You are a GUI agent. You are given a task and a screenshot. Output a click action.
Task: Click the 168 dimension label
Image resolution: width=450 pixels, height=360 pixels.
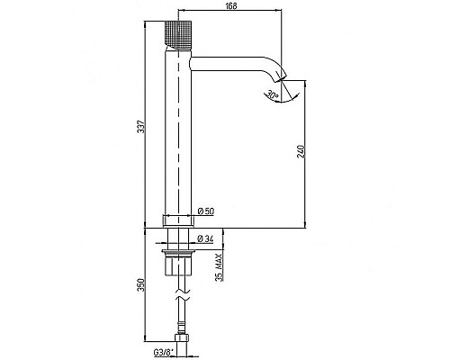point(231,6)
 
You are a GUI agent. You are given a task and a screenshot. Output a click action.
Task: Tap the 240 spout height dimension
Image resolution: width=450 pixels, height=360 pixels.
point(301,151)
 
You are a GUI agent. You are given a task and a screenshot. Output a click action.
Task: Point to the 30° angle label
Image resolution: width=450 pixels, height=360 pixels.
point(273,95)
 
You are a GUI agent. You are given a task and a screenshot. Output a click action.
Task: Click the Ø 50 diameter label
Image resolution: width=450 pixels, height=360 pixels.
point(206,211)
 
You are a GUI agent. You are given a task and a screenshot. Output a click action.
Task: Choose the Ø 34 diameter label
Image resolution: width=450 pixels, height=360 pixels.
point(206,238)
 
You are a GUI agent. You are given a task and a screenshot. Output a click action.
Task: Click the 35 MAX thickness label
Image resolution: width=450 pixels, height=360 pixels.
point(220,267)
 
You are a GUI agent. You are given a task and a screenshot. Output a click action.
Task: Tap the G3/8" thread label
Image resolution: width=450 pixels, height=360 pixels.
point(164,353)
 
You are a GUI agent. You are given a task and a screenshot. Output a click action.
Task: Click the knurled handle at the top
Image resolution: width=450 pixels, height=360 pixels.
point(178,35)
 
